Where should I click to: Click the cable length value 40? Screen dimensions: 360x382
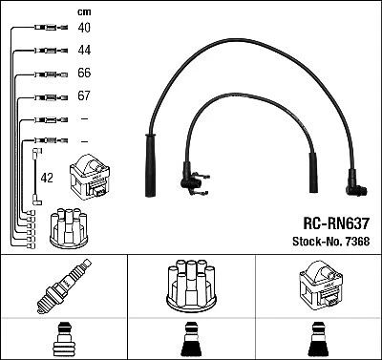click(x=84, y=29)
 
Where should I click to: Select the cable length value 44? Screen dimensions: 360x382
click(x=84, y=51)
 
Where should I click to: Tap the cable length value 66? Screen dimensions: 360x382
click(x=84, y=74)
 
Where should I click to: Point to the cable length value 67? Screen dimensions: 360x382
click(x=84, y=96)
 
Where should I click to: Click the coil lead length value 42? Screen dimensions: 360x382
click(x=47, y=177)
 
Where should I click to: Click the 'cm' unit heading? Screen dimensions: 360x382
click(x=83, y=11)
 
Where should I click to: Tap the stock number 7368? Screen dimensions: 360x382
click(x=355, y=241)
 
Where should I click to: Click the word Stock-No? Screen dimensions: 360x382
click(x=313, y=241)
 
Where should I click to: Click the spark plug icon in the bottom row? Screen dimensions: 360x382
click(x=61, y=288)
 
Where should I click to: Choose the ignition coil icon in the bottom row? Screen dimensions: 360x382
click(x=319, y=287)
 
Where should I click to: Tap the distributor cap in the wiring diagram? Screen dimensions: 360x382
click(x=71, y=225)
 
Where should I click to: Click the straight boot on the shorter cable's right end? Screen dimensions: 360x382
click(x=311, y=169)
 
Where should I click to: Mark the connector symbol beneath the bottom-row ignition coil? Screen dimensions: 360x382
click(x=319, y=340)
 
